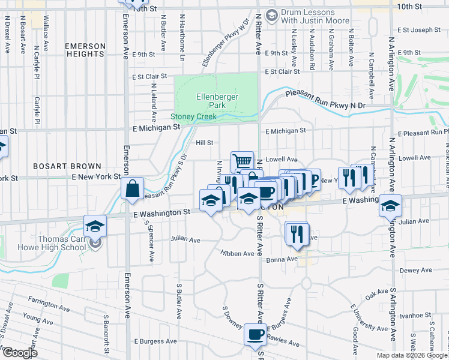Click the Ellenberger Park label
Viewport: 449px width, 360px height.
tap(217, 100)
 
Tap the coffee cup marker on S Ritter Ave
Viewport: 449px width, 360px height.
tap(255, 334)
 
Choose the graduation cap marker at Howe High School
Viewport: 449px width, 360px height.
tap(95, 226)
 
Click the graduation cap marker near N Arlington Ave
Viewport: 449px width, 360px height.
tap(391, 205)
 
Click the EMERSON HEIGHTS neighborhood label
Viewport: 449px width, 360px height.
tap(85, 50)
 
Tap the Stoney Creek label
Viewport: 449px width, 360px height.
tap(193, 117)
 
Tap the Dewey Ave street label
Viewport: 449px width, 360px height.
tap(415, 271)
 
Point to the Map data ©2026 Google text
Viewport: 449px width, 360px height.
tap(412, 355)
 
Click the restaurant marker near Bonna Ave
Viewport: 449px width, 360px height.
tap(297, 233)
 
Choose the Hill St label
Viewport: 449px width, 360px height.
tap(205, 143)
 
